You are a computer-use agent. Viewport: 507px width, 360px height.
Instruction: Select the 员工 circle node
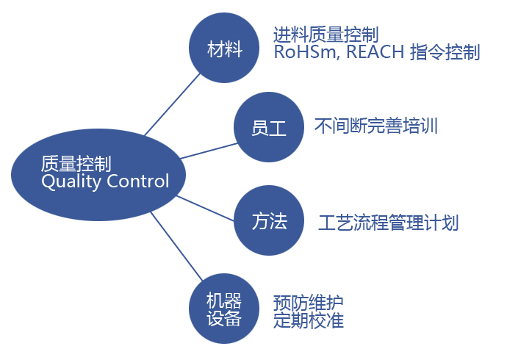[269, 126]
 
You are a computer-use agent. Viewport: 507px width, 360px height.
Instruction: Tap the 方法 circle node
[269, 221]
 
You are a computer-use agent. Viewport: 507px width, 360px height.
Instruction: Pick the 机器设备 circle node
[224, 309]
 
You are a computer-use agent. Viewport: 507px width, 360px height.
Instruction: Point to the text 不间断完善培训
[375, 126]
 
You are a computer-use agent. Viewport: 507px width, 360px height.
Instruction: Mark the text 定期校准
[308, 320]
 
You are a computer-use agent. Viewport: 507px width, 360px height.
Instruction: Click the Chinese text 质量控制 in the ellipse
[76, 163]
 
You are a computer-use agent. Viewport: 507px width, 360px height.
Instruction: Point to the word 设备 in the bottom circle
[224, 318]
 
